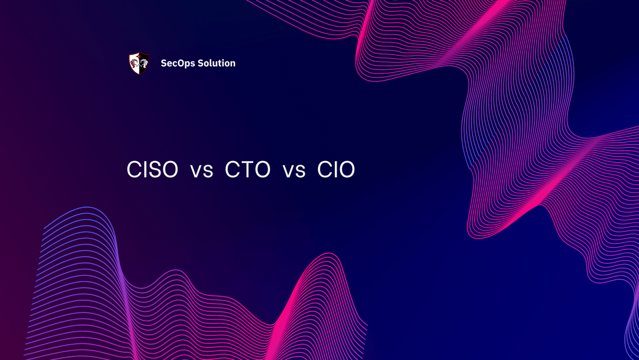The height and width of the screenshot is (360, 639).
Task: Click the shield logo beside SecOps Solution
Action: [x=138, y=63]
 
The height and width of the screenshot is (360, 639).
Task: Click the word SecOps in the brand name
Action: [x=177, y=63]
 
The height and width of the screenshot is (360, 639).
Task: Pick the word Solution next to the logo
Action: [x=217, y=63]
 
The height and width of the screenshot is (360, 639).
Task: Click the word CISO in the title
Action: [x=152, y=170]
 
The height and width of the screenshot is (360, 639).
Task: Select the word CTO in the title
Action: [x=247, y=170]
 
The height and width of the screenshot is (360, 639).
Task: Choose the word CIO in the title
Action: [x=336, y=170]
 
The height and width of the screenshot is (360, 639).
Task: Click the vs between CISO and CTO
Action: [x=201, y=171]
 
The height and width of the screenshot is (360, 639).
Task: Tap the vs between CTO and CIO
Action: [x=293, y=171]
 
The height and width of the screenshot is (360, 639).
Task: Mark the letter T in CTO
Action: [x=247, y=170]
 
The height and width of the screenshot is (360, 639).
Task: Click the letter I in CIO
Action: [x=334, y=170]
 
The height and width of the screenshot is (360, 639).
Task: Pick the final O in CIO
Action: [x=346, y=170]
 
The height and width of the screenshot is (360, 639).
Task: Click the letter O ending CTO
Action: [x=262, y=170]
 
